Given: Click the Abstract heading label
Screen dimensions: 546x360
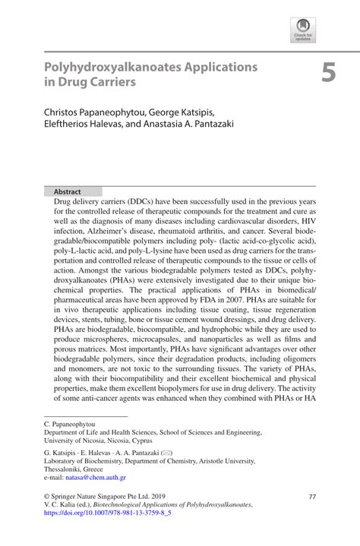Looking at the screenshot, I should pos(67,192).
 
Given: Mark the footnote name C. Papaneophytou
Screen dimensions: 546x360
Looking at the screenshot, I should pos(70,421).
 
